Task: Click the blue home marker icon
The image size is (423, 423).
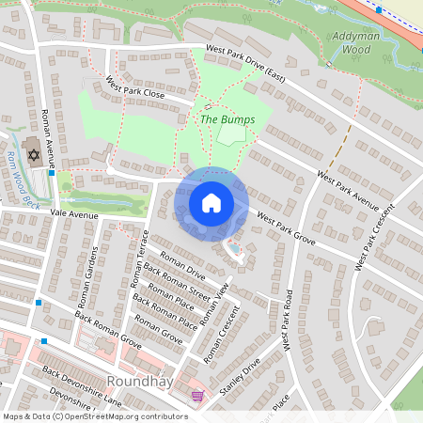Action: point(211,203)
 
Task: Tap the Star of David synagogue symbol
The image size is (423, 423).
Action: point(35,154)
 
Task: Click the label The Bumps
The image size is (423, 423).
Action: point(227,119)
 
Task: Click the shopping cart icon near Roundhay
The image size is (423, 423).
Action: point(196,396)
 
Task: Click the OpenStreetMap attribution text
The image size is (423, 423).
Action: point(95,416)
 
